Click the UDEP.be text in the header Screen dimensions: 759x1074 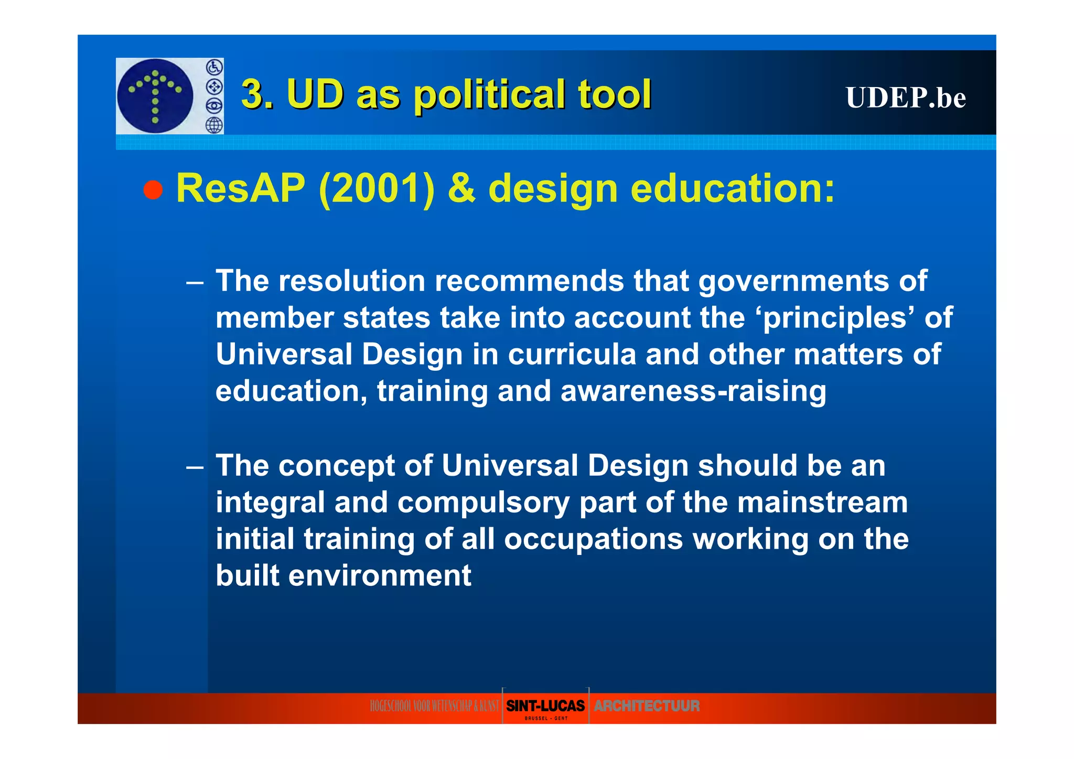click(905, 98)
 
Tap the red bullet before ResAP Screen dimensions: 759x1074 click(153, 189)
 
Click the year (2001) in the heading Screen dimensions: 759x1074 click(377, 189)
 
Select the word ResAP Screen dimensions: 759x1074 click(241, 188)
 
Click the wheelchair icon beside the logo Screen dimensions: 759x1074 click(214, 67)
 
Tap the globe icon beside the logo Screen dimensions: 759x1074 click(214, 125)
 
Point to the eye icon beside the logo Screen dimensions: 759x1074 click(214, 106)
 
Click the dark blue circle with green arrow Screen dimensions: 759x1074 click(155, 96)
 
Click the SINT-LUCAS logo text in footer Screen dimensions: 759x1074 click(545, 706)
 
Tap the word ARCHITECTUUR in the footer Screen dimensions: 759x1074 click(646, 706)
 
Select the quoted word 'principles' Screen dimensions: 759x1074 click(835, 318)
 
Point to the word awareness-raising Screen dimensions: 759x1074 click(693, 391)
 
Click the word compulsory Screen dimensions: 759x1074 click(483, 503)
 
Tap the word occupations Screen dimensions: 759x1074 click(593, 539)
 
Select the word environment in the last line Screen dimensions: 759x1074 click(380, 576)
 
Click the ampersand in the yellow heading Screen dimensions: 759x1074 click(461, 189)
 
